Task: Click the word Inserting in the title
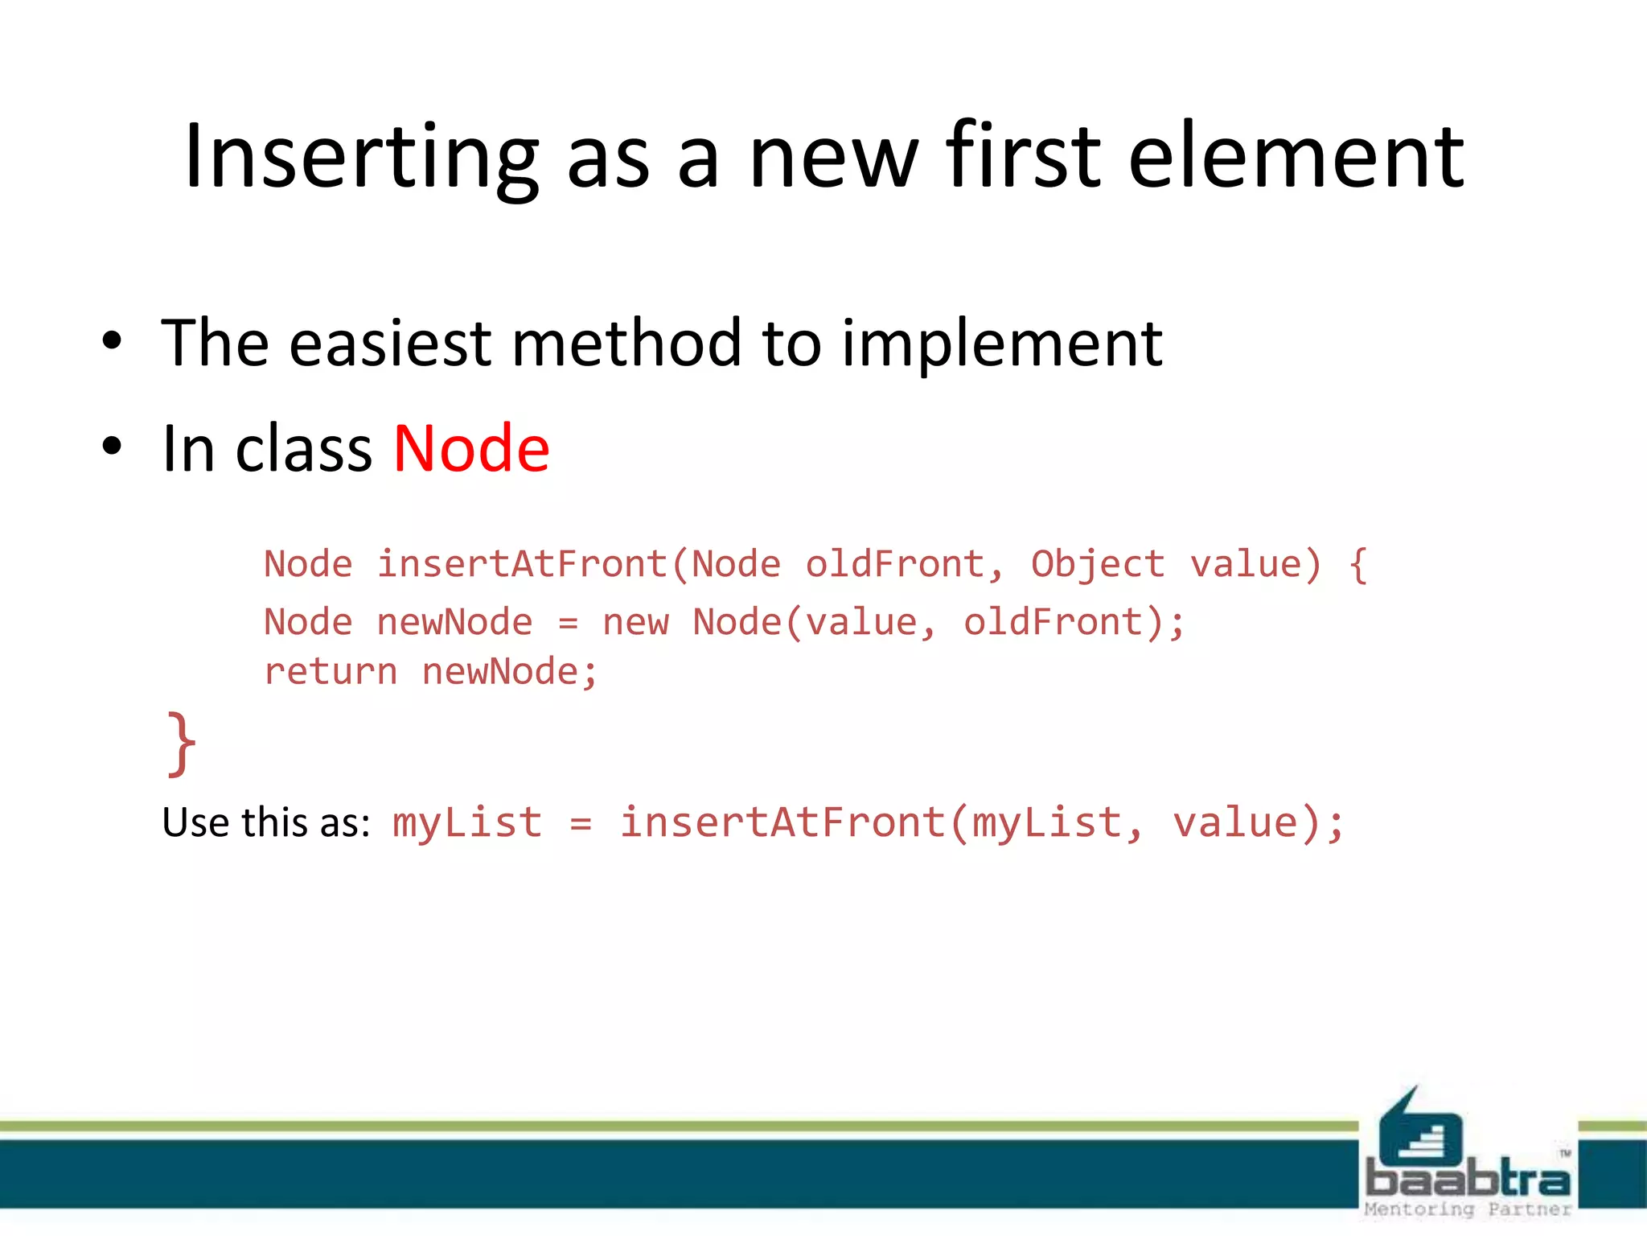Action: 360,157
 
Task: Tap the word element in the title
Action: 1296,157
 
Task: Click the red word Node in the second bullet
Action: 471,448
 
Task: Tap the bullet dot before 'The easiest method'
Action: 112,341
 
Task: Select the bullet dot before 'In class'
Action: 112,447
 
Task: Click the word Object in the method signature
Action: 1097,564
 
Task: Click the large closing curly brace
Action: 181,744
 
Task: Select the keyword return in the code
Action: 331,672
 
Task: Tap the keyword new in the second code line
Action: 635,622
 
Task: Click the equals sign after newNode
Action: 568,623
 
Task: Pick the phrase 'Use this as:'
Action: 265,822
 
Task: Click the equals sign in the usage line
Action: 581,823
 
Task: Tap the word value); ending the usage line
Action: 1257,823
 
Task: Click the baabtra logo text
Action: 1468,1180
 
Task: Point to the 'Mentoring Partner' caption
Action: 1468,1209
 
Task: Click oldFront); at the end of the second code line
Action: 1074,622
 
